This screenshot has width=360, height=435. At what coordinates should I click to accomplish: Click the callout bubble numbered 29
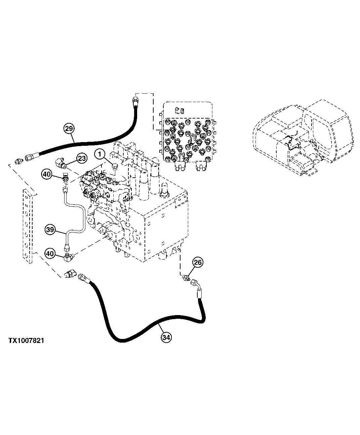point(69,128)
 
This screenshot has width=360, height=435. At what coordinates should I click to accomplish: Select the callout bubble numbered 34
point(165,337)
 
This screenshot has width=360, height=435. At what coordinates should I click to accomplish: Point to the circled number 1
point(100,155)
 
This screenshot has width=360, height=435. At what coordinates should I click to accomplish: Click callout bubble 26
point(198,263)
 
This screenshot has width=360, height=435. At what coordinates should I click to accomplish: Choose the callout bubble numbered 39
point(50,230)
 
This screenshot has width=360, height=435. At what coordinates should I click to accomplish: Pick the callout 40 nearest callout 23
point(47,174)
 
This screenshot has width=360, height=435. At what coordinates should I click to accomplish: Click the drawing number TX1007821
point(26,341)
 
